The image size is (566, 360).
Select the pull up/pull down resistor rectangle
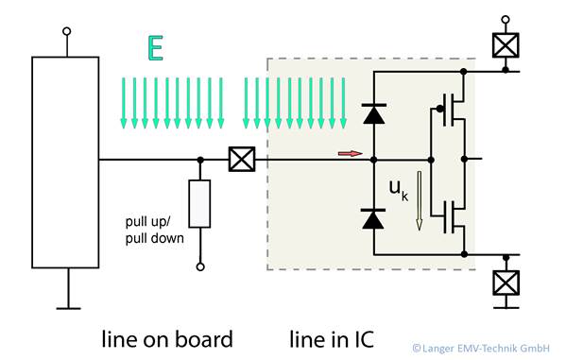click(x=199, y=202)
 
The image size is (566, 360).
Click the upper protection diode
click(x=374, y=114)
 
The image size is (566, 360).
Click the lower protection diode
click(x=374, y=218)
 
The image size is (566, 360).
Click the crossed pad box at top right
click(x=506, y=45)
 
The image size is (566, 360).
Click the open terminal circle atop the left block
click(x=65, y=31)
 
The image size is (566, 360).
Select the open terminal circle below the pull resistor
click(x=199, y=267)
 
